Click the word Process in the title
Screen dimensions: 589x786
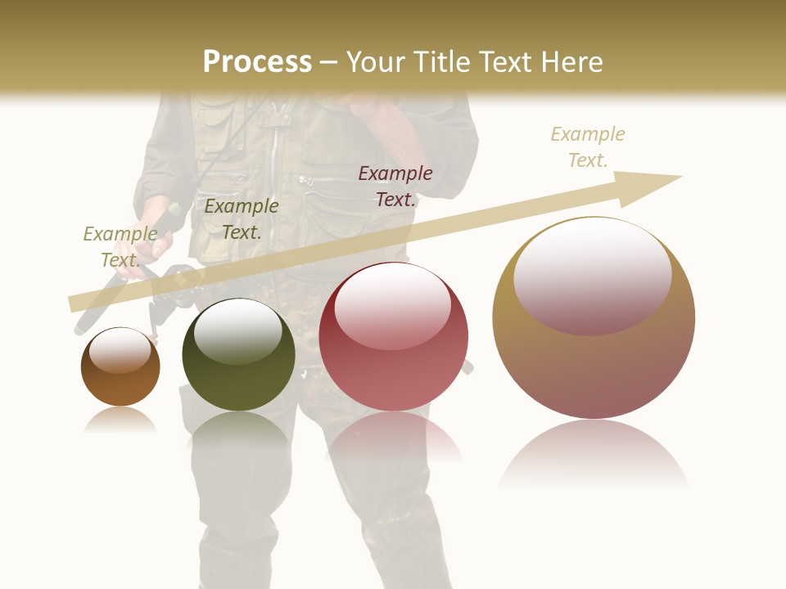click(257, 61)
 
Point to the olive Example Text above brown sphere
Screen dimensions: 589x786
click(120, 246)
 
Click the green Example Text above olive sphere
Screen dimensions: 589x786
click(241, 218)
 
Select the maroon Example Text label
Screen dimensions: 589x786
click(395, 186)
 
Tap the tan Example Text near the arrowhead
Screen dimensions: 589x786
click(587, 146)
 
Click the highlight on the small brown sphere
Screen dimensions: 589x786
click(120, 350)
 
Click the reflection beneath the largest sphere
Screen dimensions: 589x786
click(594, 454)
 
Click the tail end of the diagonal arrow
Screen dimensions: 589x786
click(78, 303)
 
